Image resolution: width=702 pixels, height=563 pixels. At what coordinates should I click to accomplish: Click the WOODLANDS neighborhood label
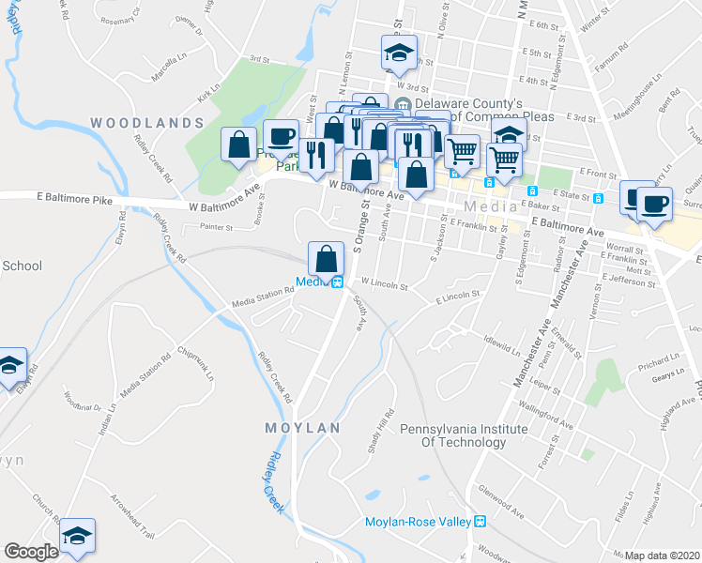point(147,123)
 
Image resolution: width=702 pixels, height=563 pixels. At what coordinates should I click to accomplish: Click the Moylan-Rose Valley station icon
point(480,522)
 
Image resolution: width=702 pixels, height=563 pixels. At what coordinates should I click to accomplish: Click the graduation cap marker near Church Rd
point(77,535)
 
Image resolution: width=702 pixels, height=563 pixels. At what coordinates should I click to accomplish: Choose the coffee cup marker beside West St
point(280,136)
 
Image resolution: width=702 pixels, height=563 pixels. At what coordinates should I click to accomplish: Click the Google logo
point(31,552)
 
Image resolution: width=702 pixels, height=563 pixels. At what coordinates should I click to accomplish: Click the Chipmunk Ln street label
point(197,366)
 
